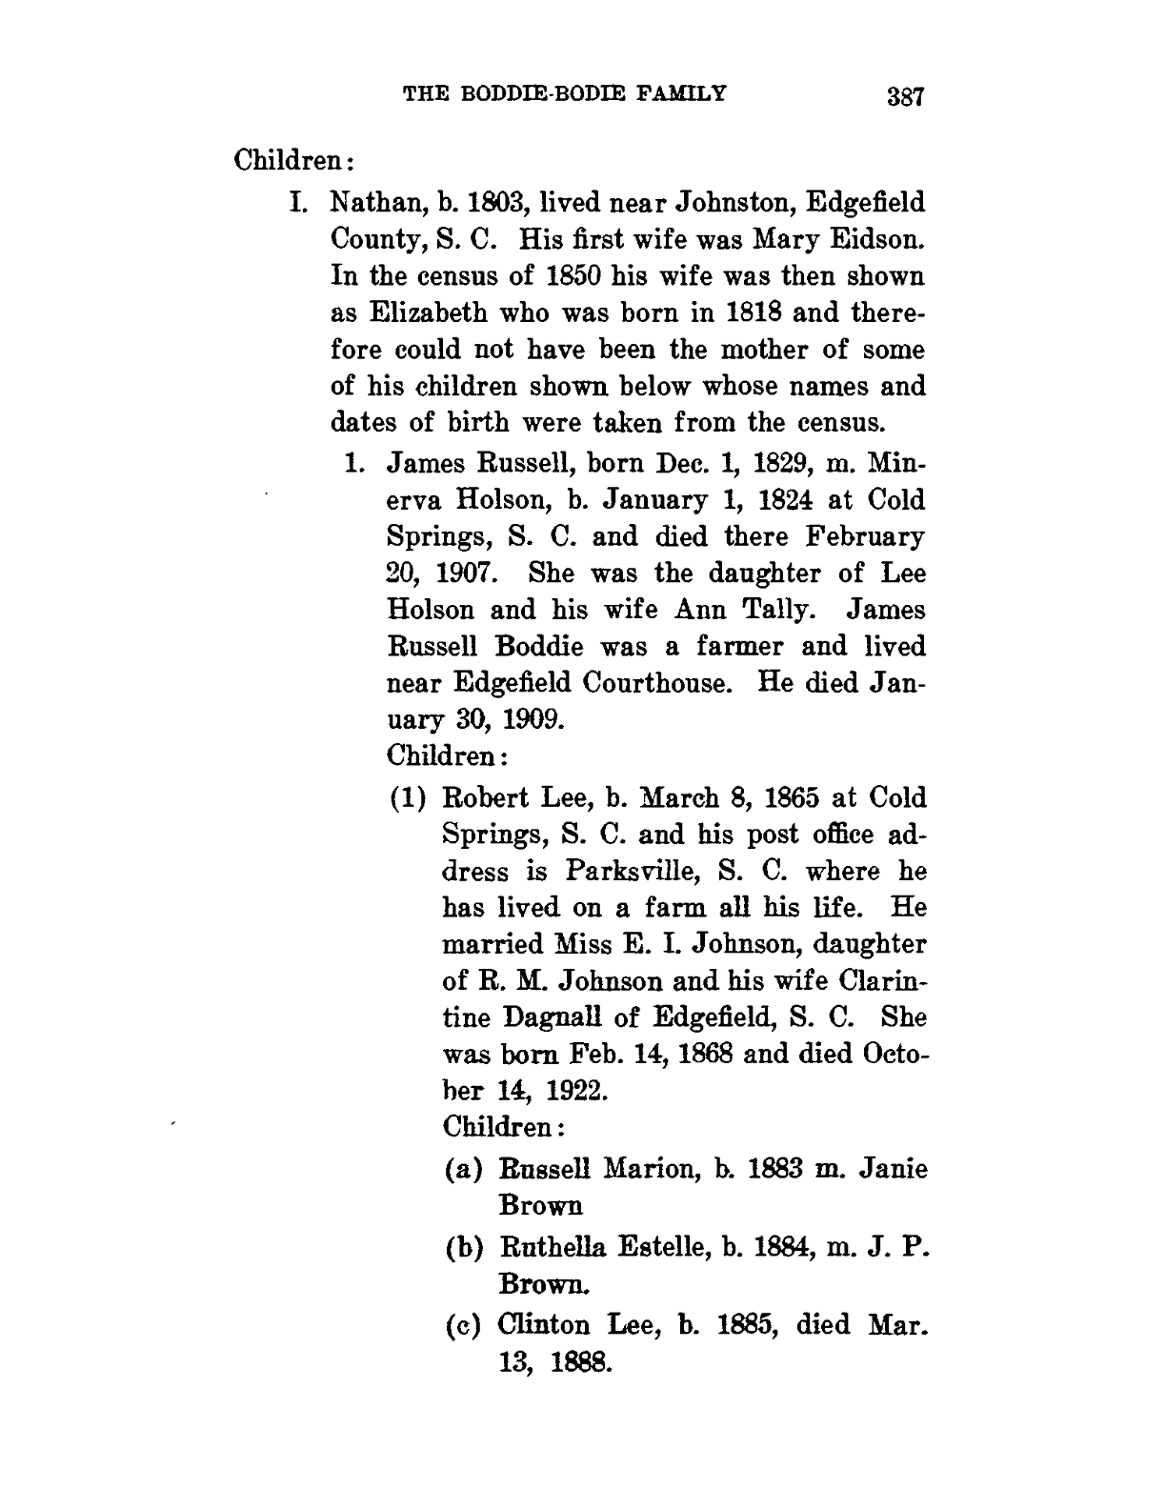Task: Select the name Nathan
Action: click(x=366, y=204)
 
